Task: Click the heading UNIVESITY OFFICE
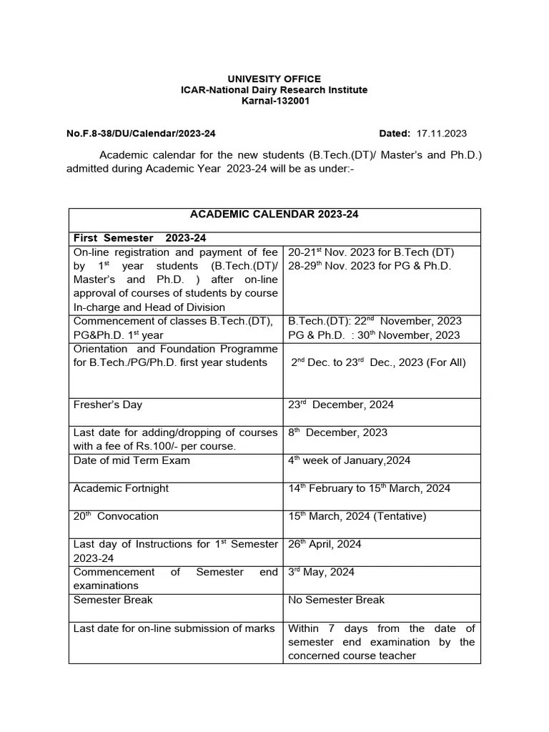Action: point(274,79)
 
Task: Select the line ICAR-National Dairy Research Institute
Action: point(274,90)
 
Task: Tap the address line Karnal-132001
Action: point(274,102)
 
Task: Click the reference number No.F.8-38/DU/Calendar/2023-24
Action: point(141,134)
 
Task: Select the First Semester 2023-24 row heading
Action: point(140,238)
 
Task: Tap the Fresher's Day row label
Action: point(108,405)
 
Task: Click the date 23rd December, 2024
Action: point(340,405)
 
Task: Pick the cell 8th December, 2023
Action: point(337,432)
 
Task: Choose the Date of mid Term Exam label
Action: point(132,460)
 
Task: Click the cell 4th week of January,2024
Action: point(349,460)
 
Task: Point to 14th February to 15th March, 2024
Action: point(369,488)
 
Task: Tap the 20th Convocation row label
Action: point(116,516)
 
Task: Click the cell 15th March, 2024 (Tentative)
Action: point(358,516)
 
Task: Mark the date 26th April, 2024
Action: point(325,544)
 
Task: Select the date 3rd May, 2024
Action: point(321,572)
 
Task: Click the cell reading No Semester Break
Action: point(336,600)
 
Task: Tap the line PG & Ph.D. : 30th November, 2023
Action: point(374,335)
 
